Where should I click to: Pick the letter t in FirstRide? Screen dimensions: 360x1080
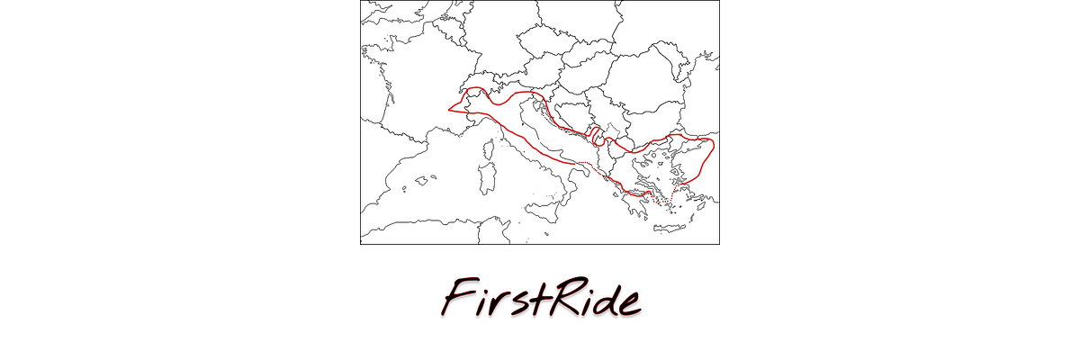538,297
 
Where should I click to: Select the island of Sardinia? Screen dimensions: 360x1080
487,183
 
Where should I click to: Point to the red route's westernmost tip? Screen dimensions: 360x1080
449,110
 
